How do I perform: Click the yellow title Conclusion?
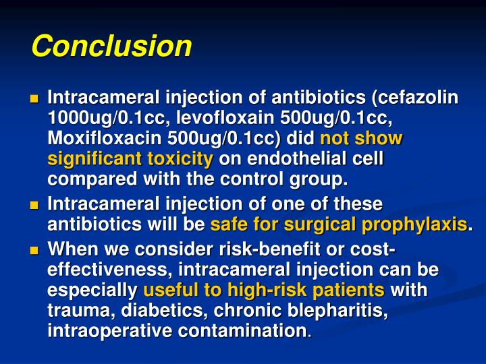[111, 47]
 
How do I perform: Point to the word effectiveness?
[105, 270]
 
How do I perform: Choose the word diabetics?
[151, 311]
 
